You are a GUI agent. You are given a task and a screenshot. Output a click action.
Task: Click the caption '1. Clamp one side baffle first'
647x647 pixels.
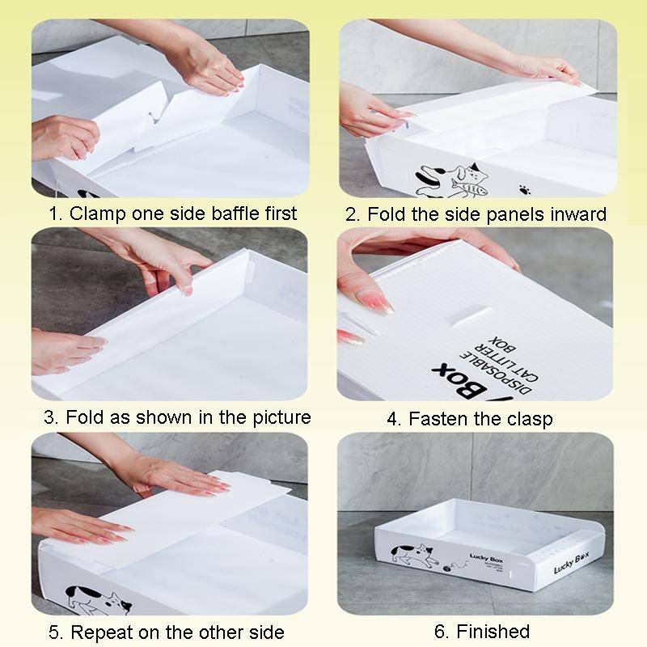171,214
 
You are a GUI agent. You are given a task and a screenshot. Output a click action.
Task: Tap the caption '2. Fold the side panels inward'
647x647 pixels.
476,215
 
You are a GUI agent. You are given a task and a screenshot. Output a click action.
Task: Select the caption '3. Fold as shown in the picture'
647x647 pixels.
176,417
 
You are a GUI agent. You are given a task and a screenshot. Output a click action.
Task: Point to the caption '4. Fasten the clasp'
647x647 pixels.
480,419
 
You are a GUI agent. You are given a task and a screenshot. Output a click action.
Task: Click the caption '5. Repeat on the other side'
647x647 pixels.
165,632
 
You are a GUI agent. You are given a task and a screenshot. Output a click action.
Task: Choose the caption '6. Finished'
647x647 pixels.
480,631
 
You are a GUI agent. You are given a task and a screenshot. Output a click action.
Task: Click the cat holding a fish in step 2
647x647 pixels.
469,179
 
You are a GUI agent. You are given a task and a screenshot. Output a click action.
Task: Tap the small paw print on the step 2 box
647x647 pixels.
524,190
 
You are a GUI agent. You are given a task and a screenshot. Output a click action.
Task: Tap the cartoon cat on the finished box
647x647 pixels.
413,556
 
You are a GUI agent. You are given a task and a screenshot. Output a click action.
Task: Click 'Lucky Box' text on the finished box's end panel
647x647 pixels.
571,561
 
